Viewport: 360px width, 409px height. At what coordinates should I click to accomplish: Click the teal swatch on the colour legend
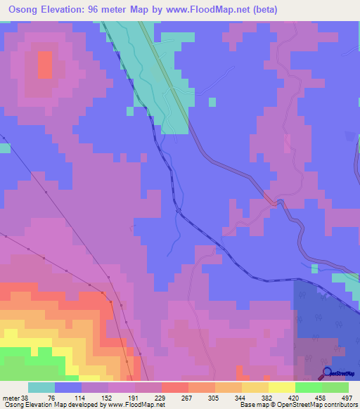pos(41,387)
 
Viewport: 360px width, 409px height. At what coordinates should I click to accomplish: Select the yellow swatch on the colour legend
pos(281,387)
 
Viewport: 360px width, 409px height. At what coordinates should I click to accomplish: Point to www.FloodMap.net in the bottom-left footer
pos(134,405)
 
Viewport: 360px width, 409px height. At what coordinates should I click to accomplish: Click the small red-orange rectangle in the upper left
pos(44,66)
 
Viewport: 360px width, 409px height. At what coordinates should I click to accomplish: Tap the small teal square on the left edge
pos(5,148)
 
